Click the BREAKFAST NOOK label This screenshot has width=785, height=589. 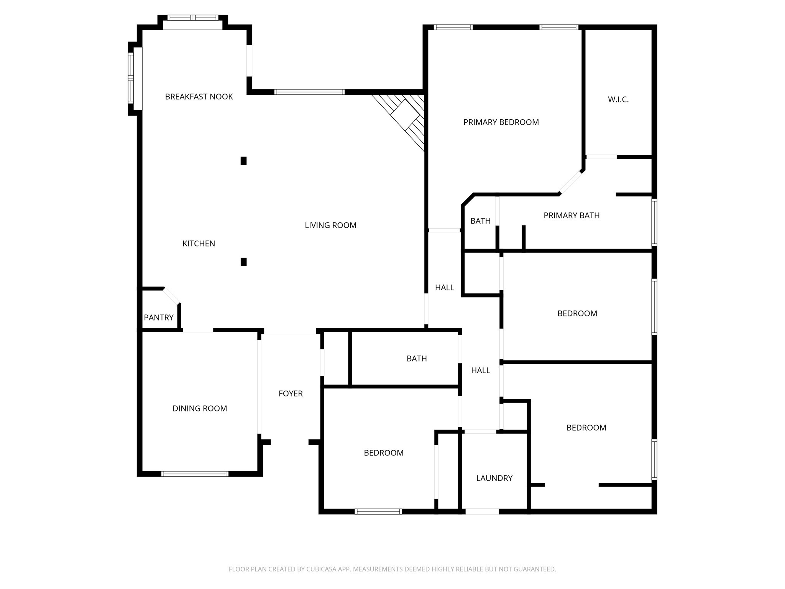199,97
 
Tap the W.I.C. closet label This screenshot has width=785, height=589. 618,100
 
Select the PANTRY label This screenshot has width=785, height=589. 159,318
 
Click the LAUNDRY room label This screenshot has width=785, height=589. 494,478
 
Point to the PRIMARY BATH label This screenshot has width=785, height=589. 571,216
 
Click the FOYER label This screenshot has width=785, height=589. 291,393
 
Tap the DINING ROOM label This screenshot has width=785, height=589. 199,409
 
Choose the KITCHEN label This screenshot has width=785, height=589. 199,243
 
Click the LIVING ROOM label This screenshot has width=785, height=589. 330,225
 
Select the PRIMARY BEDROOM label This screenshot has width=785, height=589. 501,122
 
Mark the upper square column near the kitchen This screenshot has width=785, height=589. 243,161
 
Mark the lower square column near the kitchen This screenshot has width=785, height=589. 243,262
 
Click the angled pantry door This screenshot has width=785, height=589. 171,296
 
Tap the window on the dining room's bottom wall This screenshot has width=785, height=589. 195,474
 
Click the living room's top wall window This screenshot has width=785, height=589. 309,92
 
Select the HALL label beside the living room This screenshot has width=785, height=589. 444,288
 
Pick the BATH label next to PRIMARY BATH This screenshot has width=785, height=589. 480,221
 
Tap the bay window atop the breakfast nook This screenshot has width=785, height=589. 193,18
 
